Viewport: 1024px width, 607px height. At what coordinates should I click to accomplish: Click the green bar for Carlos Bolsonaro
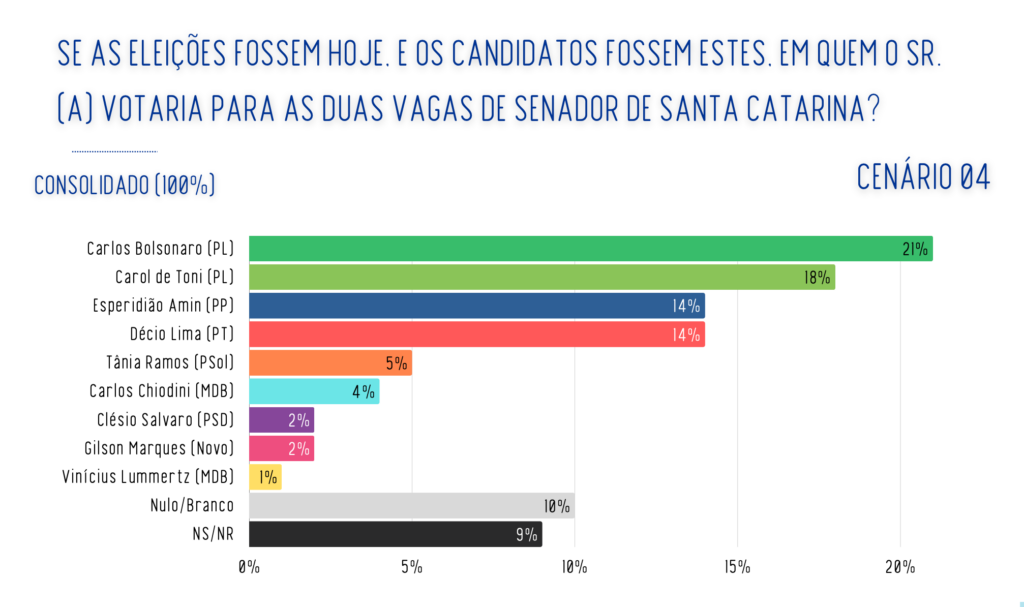click(590, 248)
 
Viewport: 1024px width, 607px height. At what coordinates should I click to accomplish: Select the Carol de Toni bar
click(541, 277)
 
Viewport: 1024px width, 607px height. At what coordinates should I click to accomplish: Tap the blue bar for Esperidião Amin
click(476, 306)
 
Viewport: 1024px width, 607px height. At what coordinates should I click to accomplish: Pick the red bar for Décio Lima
click(476, 334)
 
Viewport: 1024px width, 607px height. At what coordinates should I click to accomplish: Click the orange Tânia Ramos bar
click(330, 363)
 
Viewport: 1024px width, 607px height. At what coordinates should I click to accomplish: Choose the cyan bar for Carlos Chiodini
click(314, 391)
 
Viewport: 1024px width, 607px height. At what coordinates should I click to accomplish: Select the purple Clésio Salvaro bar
click(281, 420)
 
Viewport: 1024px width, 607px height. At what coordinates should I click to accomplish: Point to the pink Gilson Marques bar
click(281, 448)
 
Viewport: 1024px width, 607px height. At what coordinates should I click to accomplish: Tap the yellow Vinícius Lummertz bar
click(265, 477)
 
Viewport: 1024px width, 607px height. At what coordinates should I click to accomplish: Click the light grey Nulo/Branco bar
click(411, 505)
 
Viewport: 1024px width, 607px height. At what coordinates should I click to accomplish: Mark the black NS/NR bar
click(395, 534)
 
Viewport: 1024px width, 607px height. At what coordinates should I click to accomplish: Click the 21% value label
click(914, 249)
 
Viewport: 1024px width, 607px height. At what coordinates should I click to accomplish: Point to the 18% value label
click(817, 277)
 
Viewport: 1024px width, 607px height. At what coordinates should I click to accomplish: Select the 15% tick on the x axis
click(737, 568)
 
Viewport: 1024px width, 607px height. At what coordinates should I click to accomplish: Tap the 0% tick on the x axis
click(249, 568)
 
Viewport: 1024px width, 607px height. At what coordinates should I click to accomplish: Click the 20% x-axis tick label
click(899, 568)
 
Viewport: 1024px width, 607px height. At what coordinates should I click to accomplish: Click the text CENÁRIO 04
click(923, 176)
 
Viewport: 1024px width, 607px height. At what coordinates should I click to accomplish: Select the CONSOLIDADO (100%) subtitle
click(125, 186)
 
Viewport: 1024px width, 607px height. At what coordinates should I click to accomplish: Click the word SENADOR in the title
click(574, 108)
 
